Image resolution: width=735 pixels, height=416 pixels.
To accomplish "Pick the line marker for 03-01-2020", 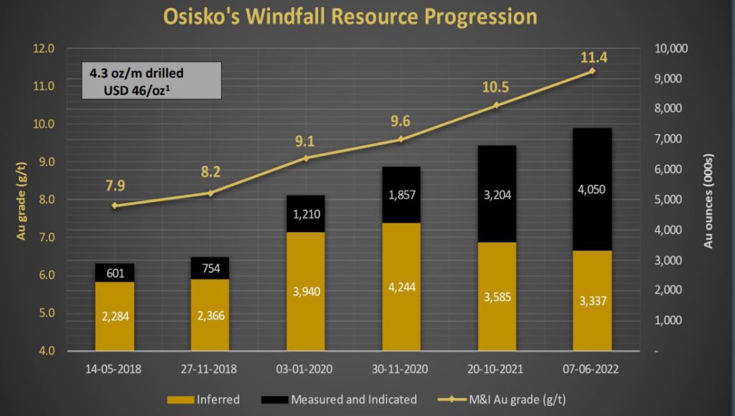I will point(306,158).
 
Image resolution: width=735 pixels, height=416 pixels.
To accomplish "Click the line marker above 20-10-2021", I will point(497,106).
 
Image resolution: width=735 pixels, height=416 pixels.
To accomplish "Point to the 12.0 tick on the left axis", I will point(45,49).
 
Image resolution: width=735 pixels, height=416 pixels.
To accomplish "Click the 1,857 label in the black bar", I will point(401,195).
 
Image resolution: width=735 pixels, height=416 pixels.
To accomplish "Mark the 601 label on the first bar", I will point(114,273).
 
